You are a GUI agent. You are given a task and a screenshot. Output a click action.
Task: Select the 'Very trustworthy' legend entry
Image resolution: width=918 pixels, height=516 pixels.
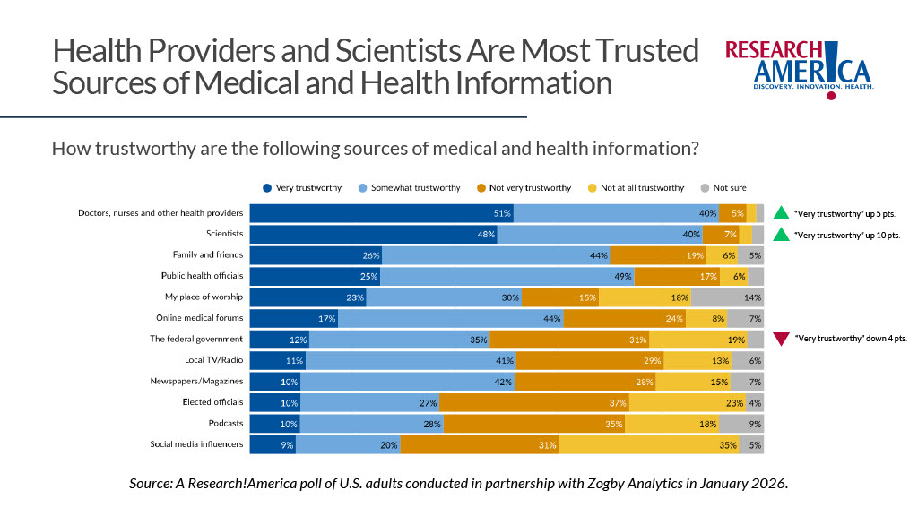click(x=301, y=187)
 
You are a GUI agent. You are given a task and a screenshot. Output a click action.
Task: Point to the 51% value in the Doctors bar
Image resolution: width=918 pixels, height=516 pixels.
click(x=501, y=213)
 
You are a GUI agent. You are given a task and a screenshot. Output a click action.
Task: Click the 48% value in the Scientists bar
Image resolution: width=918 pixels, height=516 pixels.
click(x=486, y=235)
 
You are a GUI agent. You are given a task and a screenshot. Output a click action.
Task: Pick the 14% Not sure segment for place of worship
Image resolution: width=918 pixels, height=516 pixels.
click(x=727, y=297)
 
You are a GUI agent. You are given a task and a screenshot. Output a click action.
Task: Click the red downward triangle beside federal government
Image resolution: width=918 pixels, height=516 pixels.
click(x=781, y=340)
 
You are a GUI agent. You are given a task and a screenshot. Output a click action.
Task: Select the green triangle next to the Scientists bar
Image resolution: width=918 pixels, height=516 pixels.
click(x=781, y=235)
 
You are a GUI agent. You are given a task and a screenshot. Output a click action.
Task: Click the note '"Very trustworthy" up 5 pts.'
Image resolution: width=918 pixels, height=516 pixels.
click(x=845, y=214)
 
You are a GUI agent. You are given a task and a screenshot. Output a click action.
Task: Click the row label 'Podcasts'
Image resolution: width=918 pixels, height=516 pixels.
click(x=221, y=424)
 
